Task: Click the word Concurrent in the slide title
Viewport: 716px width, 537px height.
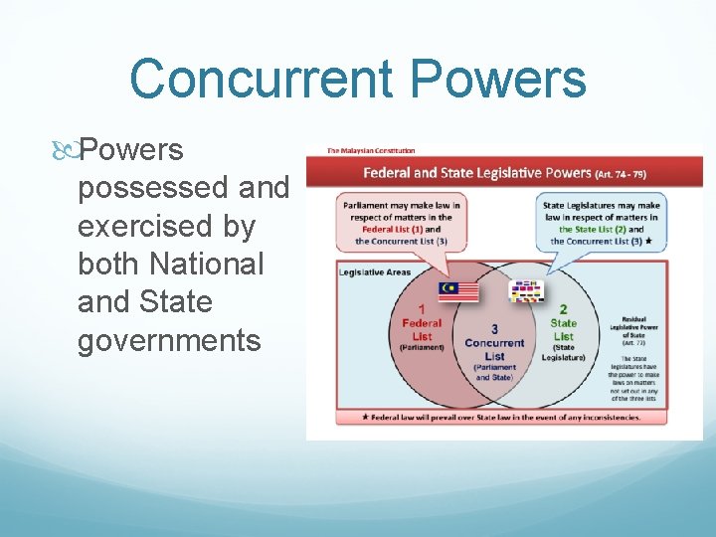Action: (249, 79)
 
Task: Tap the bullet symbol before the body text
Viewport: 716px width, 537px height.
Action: (68, 151)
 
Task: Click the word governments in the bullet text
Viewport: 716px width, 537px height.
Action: (169, 340)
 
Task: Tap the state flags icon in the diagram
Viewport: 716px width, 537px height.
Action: (526, 290)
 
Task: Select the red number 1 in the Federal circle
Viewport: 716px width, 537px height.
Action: (421, 310)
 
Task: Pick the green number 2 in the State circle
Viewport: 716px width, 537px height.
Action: (562, 309)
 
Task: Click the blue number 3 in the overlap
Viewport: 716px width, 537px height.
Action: (494, 329)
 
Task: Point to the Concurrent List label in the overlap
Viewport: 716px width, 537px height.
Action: (494, 349)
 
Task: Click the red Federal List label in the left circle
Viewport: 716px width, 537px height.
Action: (422, 329)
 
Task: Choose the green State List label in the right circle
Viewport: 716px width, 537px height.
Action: (563, 329)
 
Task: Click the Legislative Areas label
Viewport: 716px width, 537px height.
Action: (375, 271)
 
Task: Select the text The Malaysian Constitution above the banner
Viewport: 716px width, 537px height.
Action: (372, 151)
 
